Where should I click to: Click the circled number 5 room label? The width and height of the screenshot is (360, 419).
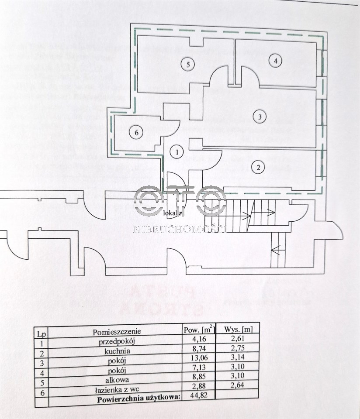187,65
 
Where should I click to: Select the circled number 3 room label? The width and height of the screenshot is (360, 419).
259,117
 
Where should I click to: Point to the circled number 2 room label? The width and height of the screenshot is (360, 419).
259,166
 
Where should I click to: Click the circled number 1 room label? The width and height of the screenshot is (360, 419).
177,152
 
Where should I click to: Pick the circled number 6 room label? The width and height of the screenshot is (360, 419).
136,133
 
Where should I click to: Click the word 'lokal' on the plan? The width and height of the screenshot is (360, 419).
172,213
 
